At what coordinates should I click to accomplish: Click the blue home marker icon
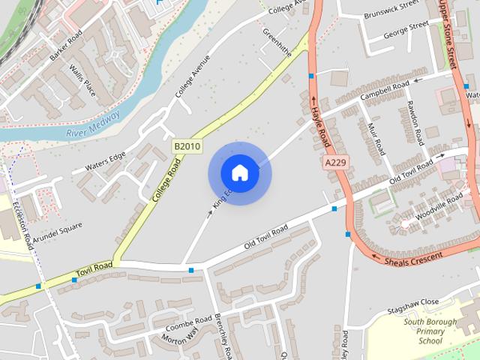[239, 173]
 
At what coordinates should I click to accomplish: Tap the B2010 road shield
[187, 146]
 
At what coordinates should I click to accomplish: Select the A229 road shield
[337, 162]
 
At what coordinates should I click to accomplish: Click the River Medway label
[93, 124]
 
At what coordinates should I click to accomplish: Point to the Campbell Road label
[384, 91]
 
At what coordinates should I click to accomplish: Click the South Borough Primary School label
[430, 331]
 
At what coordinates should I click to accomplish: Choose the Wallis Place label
[82, 79]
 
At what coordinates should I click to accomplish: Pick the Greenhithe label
[277, 44]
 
